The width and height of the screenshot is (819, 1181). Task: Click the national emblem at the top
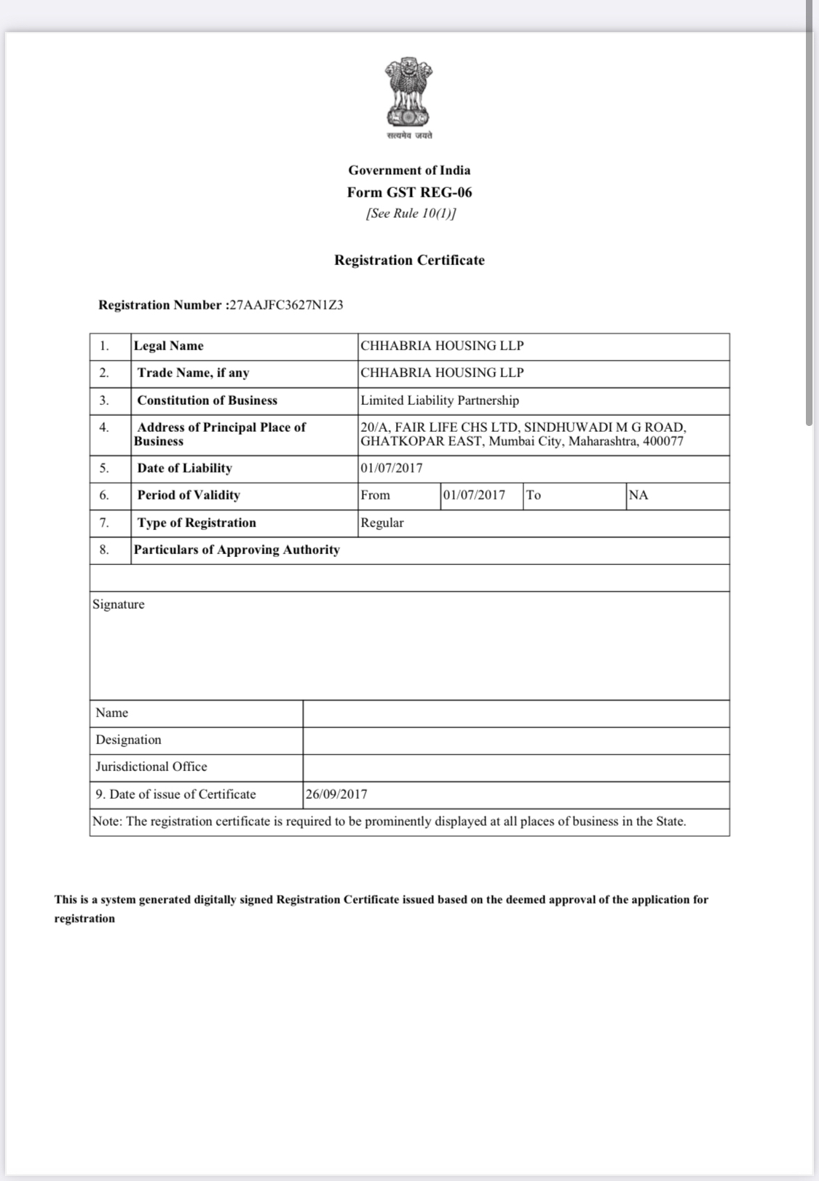click(408, 93)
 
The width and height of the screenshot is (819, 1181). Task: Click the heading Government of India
click(409, 170)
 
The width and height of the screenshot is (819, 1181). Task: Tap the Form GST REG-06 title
click(409, 192)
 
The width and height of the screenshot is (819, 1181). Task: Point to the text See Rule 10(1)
click(411, 213)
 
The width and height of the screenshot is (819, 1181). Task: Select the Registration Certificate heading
click(409, 260)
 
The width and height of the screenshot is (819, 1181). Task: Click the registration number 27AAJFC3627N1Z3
click(286, 305)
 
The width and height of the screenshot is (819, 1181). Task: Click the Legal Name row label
click(169, 346)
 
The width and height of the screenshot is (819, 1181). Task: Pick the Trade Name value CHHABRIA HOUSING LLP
click(442, 373)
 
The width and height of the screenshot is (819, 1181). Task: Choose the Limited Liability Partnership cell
click(440, 400)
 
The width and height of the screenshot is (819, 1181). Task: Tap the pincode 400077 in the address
click(663, 441)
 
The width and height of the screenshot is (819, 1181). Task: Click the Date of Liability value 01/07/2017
click(392, 468)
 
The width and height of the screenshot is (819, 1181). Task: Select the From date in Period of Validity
click(474, 495)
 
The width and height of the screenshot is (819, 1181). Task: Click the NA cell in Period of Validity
click(638, 495)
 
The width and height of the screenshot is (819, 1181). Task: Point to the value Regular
click(382, 523)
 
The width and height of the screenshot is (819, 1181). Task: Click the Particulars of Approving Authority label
click(237, 550)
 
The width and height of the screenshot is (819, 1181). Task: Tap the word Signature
click(119, 604)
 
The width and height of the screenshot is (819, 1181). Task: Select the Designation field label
click(129, 740)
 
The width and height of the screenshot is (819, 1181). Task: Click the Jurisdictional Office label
click(151, 767)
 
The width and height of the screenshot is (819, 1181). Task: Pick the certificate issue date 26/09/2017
click(336, 794)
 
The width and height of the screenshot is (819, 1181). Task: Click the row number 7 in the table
click(104, 523)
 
